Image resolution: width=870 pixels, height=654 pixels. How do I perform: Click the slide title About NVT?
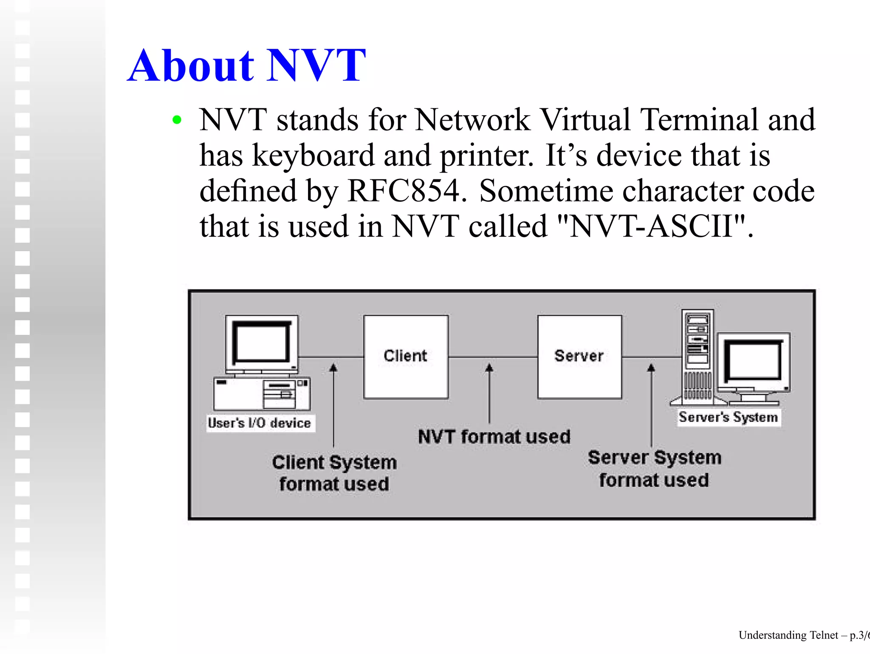246,66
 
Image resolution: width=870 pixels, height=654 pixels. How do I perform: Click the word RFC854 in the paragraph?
404,191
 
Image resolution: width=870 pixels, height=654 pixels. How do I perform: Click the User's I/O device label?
260,423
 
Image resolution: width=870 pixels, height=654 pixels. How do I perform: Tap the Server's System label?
728,417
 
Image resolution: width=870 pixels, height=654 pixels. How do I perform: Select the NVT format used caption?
494,437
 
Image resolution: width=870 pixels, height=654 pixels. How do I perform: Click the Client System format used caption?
334,473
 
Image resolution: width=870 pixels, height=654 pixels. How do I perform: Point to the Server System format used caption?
654,469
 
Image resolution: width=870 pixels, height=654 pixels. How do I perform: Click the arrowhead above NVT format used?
489,367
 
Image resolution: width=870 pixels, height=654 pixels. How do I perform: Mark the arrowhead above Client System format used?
333,367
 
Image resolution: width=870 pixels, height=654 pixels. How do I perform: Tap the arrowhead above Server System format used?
651,367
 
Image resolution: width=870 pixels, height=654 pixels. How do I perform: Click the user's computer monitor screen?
261,343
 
